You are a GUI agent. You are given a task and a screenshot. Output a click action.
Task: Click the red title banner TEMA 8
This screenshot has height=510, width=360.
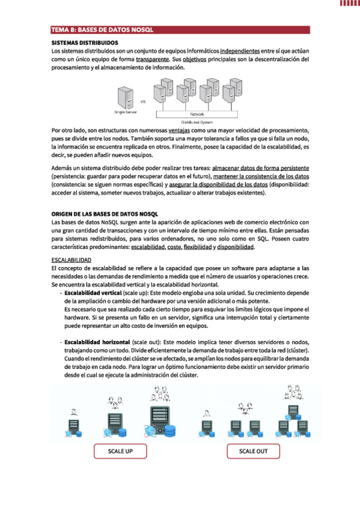click(180, 29)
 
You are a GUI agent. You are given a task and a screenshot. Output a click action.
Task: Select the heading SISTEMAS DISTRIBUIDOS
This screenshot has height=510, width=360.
click(85, 43)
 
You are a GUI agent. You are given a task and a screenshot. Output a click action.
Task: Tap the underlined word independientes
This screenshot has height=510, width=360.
click(240, 51)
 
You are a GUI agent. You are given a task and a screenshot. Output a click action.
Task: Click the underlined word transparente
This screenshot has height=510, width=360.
click(153, 59)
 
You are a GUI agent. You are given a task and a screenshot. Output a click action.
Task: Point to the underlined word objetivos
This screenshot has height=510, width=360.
click(194, 59)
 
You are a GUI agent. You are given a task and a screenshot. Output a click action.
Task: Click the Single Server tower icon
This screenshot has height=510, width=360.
click(126, 98)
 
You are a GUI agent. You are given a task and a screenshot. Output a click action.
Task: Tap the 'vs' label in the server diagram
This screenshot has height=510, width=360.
click(143, 102)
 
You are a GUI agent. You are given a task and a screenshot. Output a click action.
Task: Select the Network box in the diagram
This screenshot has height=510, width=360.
click(197, 114)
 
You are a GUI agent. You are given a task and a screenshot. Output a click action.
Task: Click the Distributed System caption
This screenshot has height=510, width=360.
click(197, 122)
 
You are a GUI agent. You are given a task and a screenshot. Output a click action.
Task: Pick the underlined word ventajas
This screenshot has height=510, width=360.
click(179, 131)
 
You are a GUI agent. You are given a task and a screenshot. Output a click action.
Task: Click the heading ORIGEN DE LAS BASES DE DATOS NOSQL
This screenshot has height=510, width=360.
click(105, 214)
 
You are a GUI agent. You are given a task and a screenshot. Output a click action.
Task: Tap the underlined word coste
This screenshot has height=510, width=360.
click(174, 247)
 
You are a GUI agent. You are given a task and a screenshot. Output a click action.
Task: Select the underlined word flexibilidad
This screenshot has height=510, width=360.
click(198, 247)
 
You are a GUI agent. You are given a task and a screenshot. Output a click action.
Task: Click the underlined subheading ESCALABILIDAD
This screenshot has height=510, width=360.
click(71, 260)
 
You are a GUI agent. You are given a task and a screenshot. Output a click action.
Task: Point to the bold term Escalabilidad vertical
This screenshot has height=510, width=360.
click(93, 293)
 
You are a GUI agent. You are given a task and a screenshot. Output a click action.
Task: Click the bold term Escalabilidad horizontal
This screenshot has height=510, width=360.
click(97, 342)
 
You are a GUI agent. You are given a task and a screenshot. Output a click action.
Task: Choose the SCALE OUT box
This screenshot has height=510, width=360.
click(253, 451)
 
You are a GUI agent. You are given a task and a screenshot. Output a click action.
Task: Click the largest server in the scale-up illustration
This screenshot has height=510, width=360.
click(160, 420)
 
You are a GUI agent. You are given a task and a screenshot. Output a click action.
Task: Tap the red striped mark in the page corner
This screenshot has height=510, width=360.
click(350, 3)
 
